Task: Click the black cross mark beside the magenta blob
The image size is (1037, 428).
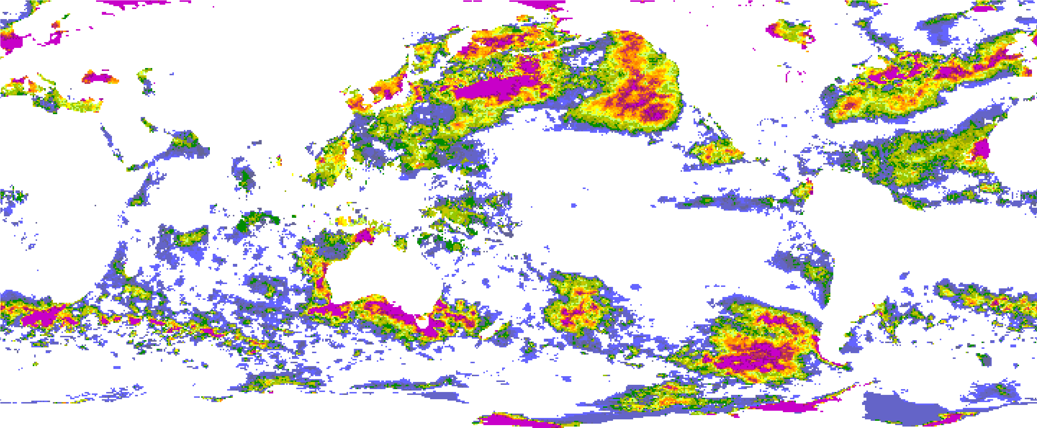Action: (969, 156)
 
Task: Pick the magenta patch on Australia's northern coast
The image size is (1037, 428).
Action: (365, 235)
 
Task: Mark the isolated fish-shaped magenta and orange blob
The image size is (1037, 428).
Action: (100, 77)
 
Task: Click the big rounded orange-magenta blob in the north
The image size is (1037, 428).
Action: (636, 85)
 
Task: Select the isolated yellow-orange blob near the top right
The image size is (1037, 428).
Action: (789, 30)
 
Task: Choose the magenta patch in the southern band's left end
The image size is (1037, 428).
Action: (40, 316)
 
